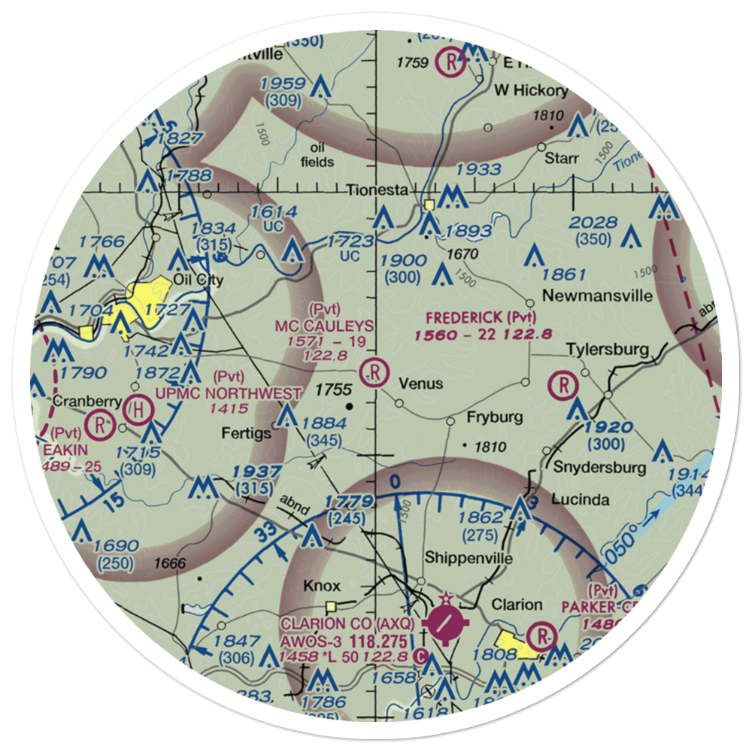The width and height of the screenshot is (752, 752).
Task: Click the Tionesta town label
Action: point(378,191)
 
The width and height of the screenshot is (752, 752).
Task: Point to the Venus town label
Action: point(420,384)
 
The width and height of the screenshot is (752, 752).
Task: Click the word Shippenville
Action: point(468,558)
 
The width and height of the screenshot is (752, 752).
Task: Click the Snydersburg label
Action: point(599,468)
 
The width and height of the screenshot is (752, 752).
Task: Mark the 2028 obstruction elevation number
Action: point(593,223)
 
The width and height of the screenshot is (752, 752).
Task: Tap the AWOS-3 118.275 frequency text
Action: point(344,641)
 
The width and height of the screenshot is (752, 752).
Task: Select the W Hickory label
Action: point(530,90)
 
